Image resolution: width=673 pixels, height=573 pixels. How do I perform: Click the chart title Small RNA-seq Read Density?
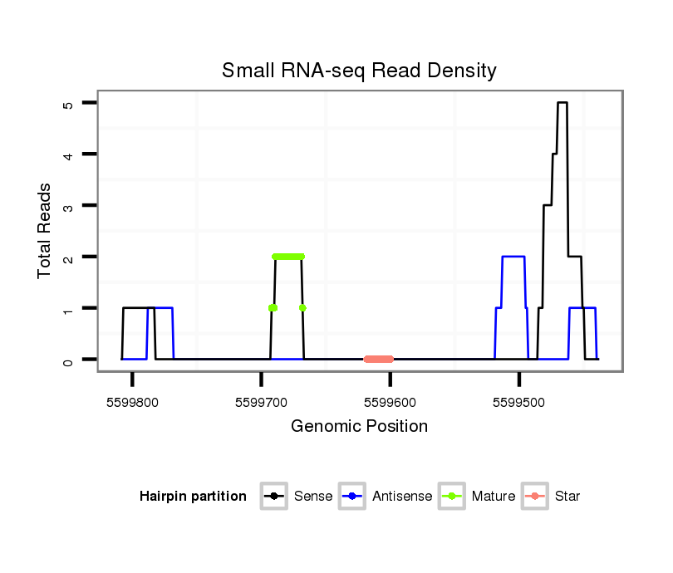coord(359,71)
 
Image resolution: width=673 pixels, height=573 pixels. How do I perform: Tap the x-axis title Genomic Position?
coord(359,427)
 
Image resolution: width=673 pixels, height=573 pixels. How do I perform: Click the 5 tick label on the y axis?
coord(68,104)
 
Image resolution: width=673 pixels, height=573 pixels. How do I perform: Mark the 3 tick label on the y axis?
coord(68,206)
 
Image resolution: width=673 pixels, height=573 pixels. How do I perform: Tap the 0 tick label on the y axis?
coord(68,360)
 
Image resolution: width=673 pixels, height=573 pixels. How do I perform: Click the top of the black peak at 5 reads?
coord(562,103)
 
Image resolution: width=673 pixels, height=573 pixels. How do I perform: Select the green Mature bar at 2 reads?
coord(288,257)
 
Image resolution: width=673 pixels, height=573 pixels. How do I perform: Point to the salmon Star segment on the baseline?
coord(379,359)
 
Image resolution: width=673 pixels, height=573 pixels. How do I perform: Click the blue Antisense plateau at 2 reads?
coord(513,257)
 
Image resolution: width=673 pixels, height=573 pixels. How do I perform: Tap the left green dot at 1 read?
coord(273,308)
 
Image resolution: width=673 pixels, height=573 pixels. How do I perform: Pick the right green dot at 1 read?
coord(302,308)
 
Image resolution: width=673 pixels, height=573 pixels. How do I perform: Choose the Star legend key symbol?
coord(535,497)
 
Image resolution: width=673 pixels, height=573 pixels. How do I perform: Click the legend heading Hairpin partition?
coord(193,497)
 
